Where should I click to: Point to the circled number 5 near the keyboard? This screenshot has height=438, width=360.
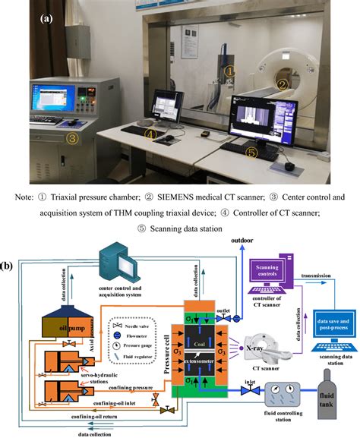tap(251, 152)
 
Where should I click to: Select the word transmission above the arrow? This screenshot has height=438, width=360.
tap(316, 276)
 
